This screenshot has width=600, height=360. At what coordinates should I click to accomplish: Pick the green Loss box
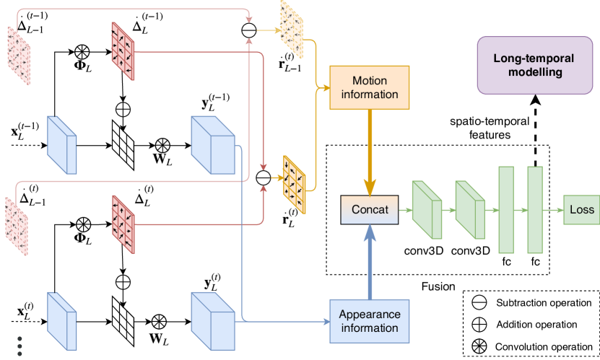(x=581, y=209)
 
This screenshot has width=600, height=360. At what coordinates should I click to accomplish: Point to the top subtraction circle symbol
(x=248, y=31)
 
